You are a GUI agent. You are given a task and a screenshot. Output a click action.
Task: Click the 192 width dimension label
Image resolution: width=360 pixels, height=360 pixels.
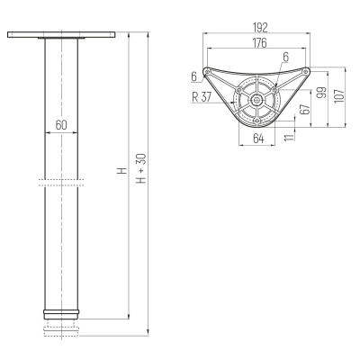click(260, 28)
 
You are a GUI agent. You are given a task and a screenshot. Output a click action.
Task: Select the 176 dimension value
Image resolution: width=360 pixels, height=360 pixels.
click(260, 43)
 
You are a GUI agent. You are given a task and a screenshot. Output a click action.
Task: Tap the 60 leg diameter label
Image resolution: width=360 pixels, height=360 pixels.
click(61, 125)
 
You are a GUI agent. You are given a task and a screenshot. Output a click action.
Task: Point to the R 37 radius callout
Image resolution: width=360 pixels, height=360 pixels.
click(202, 97)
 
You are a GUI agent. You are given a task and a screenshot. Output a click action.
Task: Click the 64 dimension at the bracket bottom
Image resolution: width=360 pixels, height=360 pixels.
click(258, 139)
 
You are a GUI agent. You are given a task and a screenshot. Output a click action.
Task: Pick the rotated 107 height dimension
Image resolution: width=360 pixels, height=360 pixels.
click(339, 95)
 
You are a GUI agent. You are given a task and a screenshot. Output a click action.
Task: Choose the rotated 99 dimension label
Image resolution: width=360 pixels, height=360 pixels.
click(322, 93)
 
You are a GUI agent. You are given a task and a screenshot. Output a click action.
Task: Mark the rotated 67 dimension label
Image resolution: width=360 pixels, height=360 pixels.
click(304, 109)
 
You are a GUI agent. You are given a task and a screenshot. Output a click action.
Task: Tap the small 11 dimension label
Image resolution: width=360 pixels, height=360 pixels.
click(289, 137)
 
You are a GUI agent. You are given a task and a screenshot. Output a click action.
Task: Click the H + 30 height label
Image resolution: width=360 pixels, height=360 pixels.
click(141, 168)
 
